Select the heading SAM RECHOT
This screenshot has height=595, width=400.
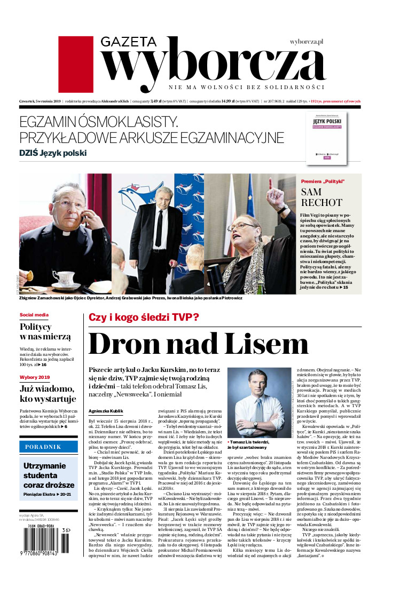pyautogui.click(x=322, y=197)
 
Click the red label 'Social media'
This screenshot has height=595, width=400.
pyautogui.click(x=34, y=315)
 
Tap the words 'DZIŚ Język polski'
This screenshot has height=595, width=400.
pyautogui.click(x=53, y=153)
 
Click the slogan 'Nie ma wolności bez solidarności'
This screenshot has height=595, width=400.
pyautogui.click(x=246, y=87)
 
